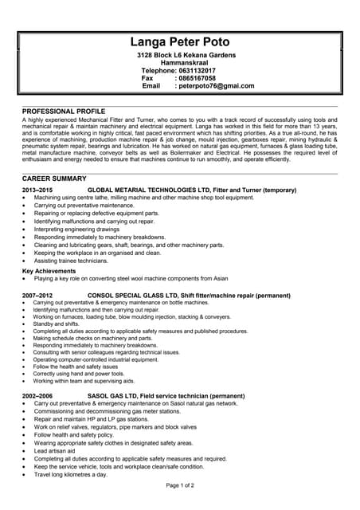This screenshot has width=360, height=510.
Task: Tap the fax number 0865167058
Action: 196,78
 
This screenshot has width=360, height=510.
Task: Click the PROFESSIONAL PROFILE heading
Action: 65,110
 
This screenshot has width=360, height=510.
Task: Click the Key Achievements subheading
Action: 49,271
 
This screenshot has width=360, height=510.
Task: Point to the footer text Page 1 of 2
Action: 180,485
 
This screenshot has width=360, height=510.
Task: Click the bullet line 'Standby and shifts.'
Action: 57,324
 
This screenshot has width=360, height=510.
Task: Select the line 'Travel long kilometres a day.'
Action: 70,474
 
